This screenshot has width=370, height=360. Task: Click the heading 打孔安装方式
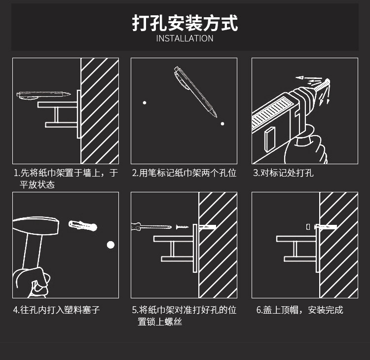(x=185, y=23)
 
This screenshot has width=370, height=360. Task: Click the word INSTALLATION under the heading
(x=185, y=38)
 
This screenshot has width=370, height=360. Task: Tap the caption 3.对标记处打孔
(x=283, y=173)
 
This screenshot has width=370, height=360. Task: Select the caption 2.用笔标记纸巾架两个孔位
(x=184, y=173)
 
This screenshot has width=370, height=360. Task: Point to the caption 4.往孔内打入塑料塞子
(x=56, y=310)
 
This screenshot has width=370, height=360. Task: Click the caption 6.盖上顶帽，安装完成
(x=299, y=310)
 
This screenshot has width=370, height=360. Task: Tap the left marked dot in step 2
(x=145, y=103)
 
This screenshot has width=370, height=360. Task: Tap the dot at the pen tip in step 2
(x=222, y=124)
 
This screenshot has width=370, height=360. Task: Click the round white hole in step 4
(x=111, y=245)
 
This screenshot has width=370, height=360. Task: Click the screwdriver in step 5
(x=150, y=227)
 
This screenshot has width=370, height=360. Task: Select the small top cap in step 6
(x=308, y=227)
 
